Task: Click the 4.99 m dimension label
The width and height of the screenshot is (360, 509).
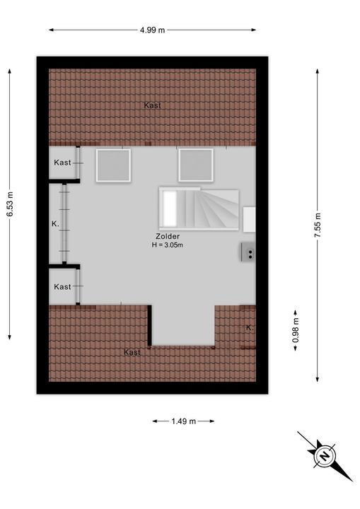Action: point(152,30)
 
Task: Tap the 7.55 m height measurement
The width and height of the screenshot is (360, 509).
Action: point(318,228)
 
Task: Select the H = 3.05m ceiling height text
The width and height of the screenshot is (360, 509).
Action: point(167,245)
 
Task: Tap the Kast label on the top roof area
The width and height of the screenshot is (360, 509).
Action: point(152,105)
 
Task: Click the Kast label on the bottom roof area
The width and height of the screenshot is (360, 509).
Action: point(132,352)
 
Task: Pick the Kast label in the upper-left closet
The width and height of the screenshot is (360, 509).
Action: point(63,163)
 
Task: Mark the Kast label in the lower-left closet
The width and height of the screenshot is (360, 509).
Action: point(63,286)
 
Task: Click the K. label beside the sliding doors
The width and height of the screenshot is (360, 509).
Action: point(54,224)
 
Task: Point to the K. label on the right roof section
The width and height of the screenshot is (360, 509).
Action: point(248,328)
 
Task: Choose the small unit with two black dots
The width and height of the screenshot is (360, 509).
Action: point(248,251)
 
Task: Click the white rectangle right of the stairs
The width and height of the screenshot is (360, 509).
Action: point(250,219)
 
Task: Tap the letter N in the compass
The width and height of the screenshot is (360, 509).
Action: point(324,456)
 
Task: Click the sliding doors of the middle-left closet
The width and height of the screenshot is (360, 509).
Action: point(66,224)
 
